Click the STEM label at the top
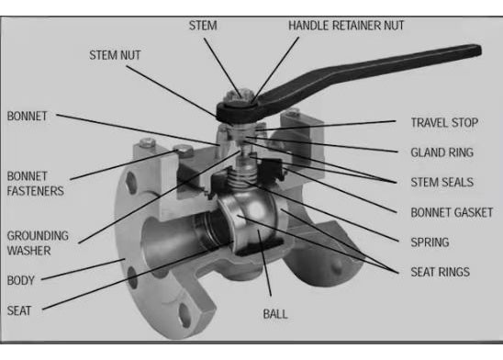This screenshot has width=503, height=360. pyautogui.click(x=203, y=26)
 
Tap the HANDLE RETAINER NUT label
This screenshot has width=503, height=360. pyautogui.click(x=346, y=26)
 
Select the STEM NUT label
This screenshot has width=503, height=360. pyautogui.click(x=115, y=55)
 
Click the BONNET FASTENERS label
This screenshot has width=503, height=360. pyautogui.click(x=35, y=184)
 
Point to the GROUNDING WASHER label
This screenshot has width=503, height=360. pyautogui.click(x=38, y=243)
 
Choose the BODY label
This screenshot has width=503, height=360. pyautogui.click(x=21, y=280)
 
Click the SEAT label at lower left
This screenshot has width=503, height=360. pyautogui.click(x=19, y=310)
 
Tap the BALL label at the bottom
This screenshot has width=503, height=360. pyautogui.click(x=275, y=314)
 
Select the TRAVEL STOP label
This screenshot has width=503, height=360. pyautogui.click(x=444, y=122)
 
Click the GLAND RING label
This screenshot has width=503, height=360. pyautogui.click(x=442, y=152)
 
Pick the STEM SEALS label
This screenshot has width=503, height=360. pyautogui.click(x=442, y=182)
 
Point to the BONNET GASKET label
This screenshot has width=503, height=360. pyautogui.click(x=452, y=212)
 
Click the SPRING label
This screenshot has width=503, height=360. pyautogui.click(x=430, y=242)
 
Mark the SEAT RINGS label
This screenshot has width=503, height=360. pyautogui.click(x=441, y=272)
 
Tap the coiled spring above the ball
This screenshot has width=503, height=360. pyautogui.click(x=243, y=178)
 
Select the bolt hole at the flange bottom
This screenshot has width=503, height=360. pyautogui.click(x=185, y=315)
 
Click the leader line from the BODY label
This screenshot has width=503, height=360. pyautogui.click(x=84, y=269)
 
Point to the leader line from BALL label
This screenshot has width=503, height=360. pyautogui.click(x=264, y=263)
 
